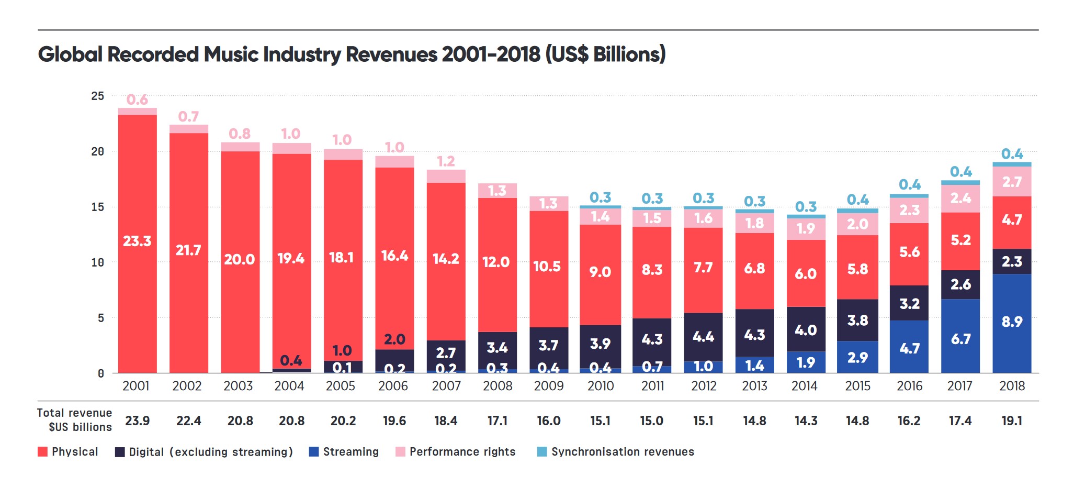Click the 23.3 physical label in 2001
137,241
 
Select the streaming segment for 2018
1012,323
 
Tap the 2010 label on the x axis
600,386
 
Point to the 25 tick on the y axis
98,96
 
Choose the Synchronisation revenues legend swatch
542,452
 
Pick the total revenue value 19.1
1012,421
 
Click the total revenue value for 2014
806,421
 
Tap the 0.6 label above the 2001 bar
137,100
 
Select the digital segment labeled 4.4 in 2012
703,337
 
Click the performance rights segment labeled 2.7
1012,182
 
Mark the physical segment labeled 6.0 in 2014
806,273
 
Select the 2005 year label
340,386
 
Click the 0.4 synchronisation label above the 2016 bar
909,185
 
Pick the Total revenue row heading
74,420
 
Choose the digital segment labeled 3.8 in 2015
857,320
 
